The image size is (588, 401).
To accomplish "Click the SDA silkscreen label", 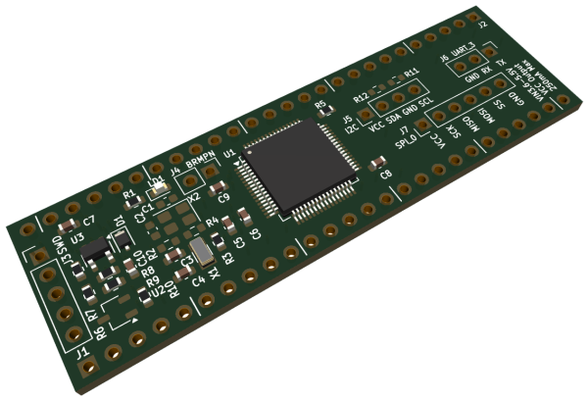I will pyautogui.click(x=394, y=117).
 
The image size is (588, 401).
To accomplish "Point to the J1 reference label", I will pyautogui.click(x=82, y=348).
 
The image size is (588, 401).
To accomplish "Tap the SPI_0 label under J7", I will pyautogui.click(x=405, y=145).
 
